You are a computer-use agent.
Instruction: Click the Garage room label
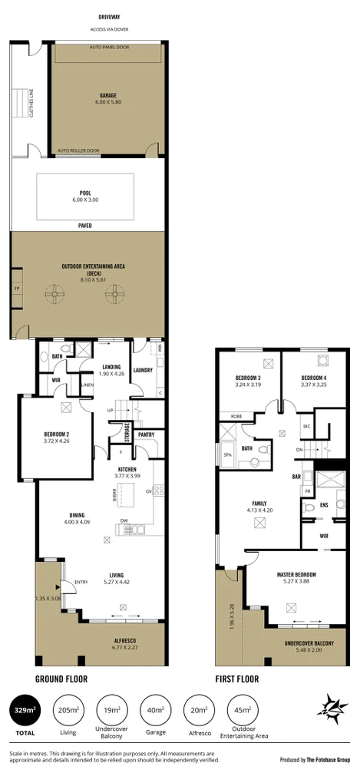click(x=107, y=97)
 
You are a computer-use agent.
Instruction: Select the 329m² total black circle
click(x=25, y=712)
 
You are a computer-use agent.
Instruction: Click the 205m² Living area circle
click(x=68, y=712)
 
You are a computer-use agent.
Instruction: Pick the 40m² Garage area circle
click(x=155, y=712)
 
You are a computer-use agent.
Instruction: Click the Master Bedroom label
click(x=296, y=575)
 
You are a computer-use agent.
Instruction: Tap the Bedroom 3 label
click(x=248, y=378)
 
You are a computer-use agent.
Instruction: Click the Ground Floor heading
click(x=61, y=679)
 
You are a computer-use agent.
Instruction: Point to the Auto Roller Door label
click(x=78, y=150)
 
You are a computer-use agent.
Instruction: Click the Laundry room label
click(x=143, y=370)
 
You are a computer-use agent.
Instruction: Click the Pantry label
click(x=146, y=435)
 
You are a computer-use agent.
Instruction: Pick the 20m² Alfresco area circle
click(x=199, y=712)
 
